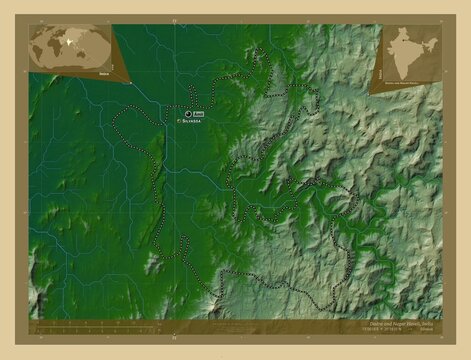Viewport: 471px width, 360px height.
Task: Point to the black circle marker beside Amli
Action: (x=188, y=112)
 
